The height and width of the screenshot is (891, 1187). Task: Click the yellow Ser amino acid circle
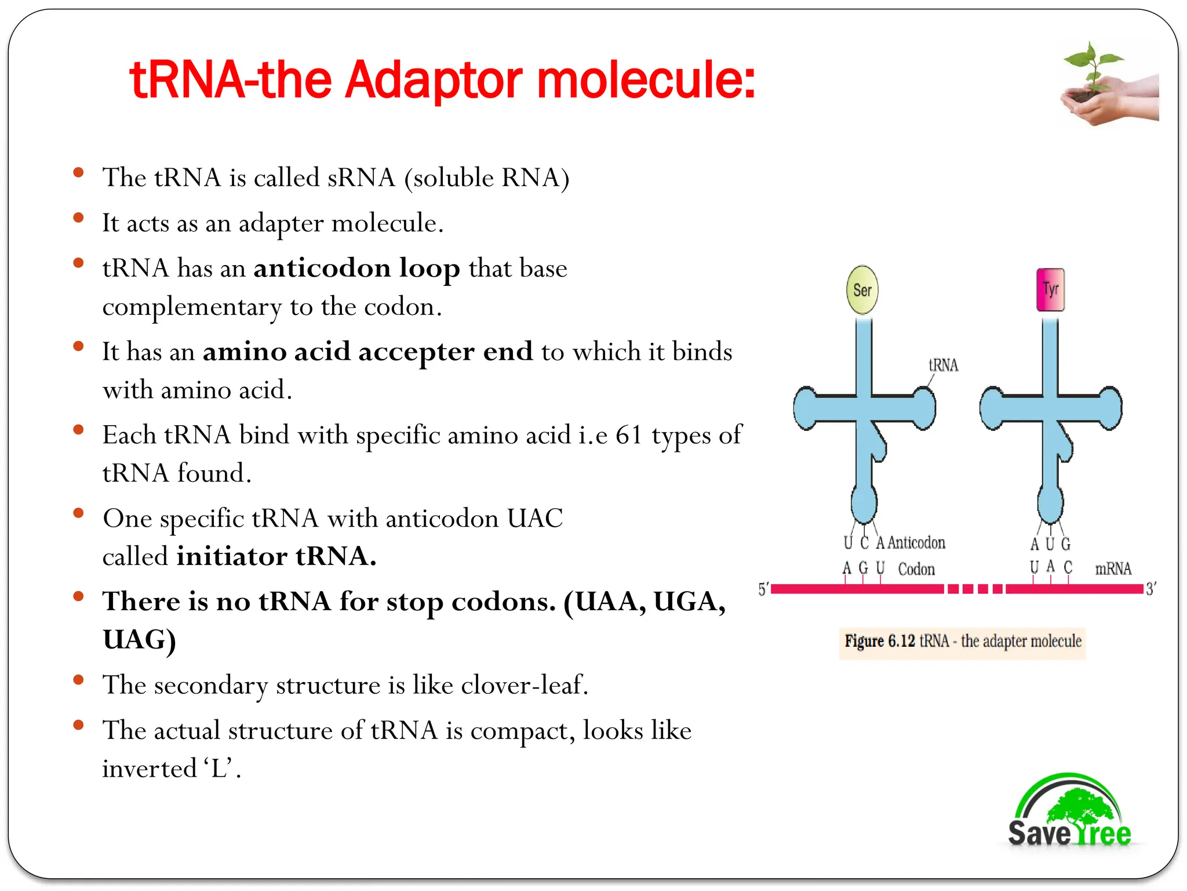[862, 290]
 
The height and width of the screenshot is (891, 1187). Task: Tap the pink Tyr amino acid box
[1050, 289]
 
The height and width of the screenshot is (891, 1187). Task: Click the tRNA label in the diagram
[943, 365]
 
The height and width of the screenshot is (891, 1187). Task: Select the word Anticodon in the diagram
[916, 542]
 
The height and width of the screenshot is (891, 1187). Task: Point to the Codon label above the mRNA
[916, 569]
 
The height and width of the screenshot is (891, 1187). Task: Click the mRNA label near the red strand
[1113, 568]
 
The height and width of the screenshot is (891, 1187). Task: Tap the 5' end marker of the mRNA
[763, 589]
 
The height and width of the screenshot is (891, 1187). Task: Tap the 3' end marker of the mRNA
[1151, 589]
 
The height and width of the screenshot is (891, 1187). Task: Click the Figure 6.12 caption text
[963, 641]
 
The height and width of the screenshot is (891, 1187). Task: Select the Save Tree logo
[1069, 812]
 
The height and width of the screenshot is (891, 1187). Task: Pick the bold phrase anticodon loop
[356, 268]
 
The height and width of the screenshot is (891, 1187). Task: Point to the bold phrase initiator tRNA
[276, 556]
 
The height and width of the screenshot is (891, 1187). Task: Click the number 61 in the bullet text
[629, 435]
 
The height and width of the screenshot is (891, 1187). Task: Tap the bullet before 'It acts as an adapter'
[79, 218]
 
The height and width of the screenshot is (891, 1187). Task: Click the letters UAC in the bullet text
[534, 518]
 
